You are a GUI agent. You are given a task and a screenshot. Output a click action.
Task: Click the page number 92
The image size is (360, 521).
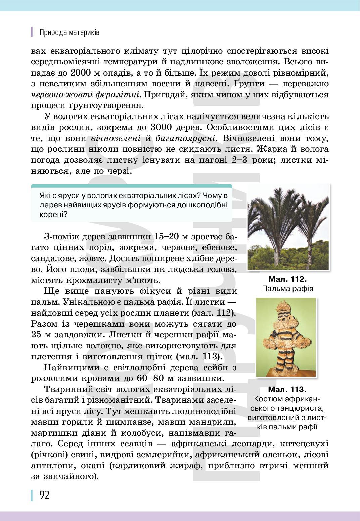pyautogui.click(x=44, y=495)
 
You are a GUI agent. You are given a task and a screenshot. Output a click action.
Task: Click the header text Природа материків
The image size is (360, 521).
pyautogui.click(x=69, y=33)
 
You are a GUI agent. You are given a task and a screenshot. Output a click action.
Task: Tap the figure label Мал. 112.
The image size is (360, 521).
pyautogui.click(x=288, y=279)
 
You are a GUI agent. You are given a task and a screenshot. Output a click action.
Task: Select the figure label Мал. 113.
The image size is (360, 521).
pyautogui.click(x=287, y=390)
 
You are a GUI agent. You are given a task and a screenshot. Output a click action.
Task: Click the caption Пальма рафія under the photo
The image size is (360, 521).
pyautogui.click(x=287, y=288)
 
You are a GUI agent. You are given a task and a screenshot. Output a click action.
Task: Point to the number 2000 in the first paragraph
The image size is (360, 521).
pyautogui.click(x=84, y=73)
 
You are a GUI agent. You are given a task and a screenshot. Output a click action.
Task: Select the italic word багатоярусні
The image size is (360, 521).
pyautogui.click(x=185, y=138)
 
